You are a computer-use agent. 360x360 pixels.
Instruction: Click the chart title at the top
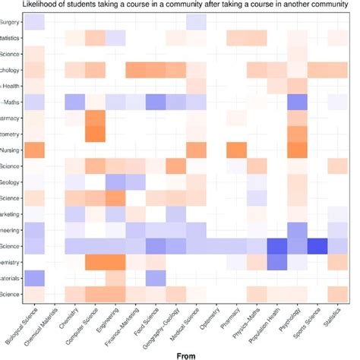[180, 6]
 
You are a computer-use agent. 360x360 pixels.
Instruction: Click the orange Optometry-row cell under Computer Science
[95, 134]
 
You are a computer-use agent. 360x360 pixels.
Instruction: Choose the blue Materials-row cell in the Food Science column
[156, 278]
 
